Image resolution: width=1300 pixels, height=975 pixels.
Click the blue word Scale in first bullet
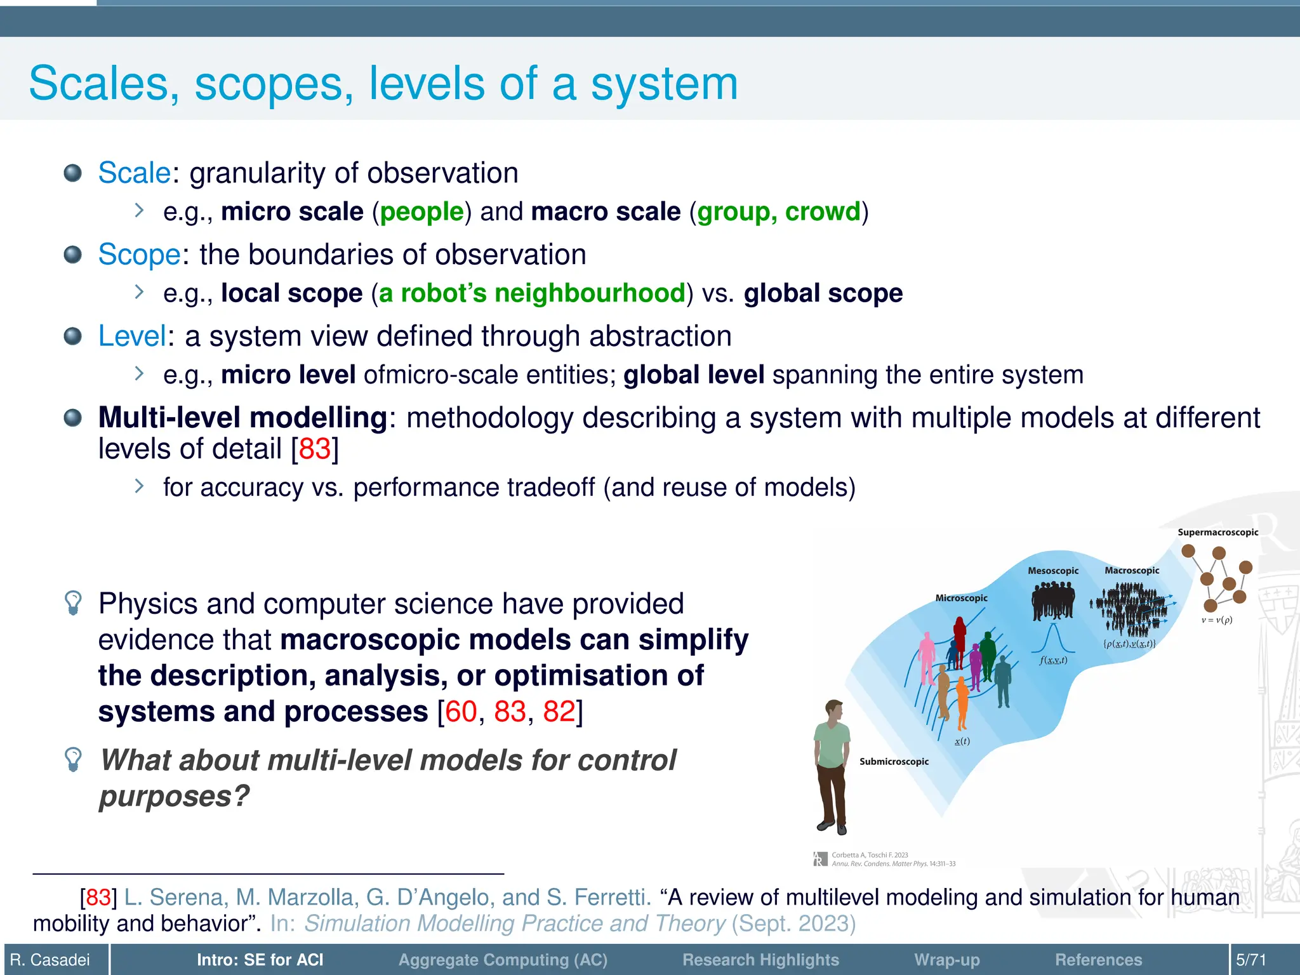pos(135,173)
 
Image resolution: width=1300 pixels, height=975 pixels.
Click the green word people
pos(422,211)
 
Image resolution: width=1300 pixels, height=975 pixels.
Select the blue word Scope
pos(140,255)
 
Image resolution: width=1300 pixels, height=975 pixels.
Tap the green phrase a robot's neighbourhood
pos(532,293)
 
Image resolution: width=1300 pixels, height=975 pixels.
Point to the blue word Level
pos(132,336)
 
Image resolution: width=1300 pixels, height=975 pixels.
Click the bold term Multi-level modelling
pos(242,418)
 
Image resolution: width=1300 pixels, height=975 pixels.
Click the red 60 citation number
pos(461,712)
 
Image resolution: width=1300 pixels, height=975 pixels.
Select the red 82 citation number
pos(559,712)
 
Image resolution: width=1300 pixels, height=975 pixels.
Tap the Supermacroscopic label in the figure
pos(1217,533)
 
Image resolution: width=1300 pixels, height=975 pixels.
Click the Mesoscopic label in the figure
pos(1053,571)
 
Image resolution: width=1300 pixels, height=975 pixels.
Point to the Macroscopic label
pos(1132,571)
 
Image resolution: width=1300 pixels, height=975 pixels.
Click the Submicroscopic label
pos(894,762)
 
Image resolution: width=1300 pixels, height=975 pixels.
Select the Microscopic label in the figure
pos(961,598)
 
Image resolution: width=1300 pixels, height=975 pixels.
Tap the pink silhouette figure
pos(927,657)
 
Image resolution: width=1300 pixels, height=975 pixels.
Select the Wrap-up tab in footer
pos(946,960)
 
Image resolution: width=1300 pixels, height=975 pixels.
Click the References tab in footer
pos(1098,960)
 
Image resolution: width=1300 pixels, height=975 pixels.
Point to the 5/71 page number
pos(1250,960)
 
